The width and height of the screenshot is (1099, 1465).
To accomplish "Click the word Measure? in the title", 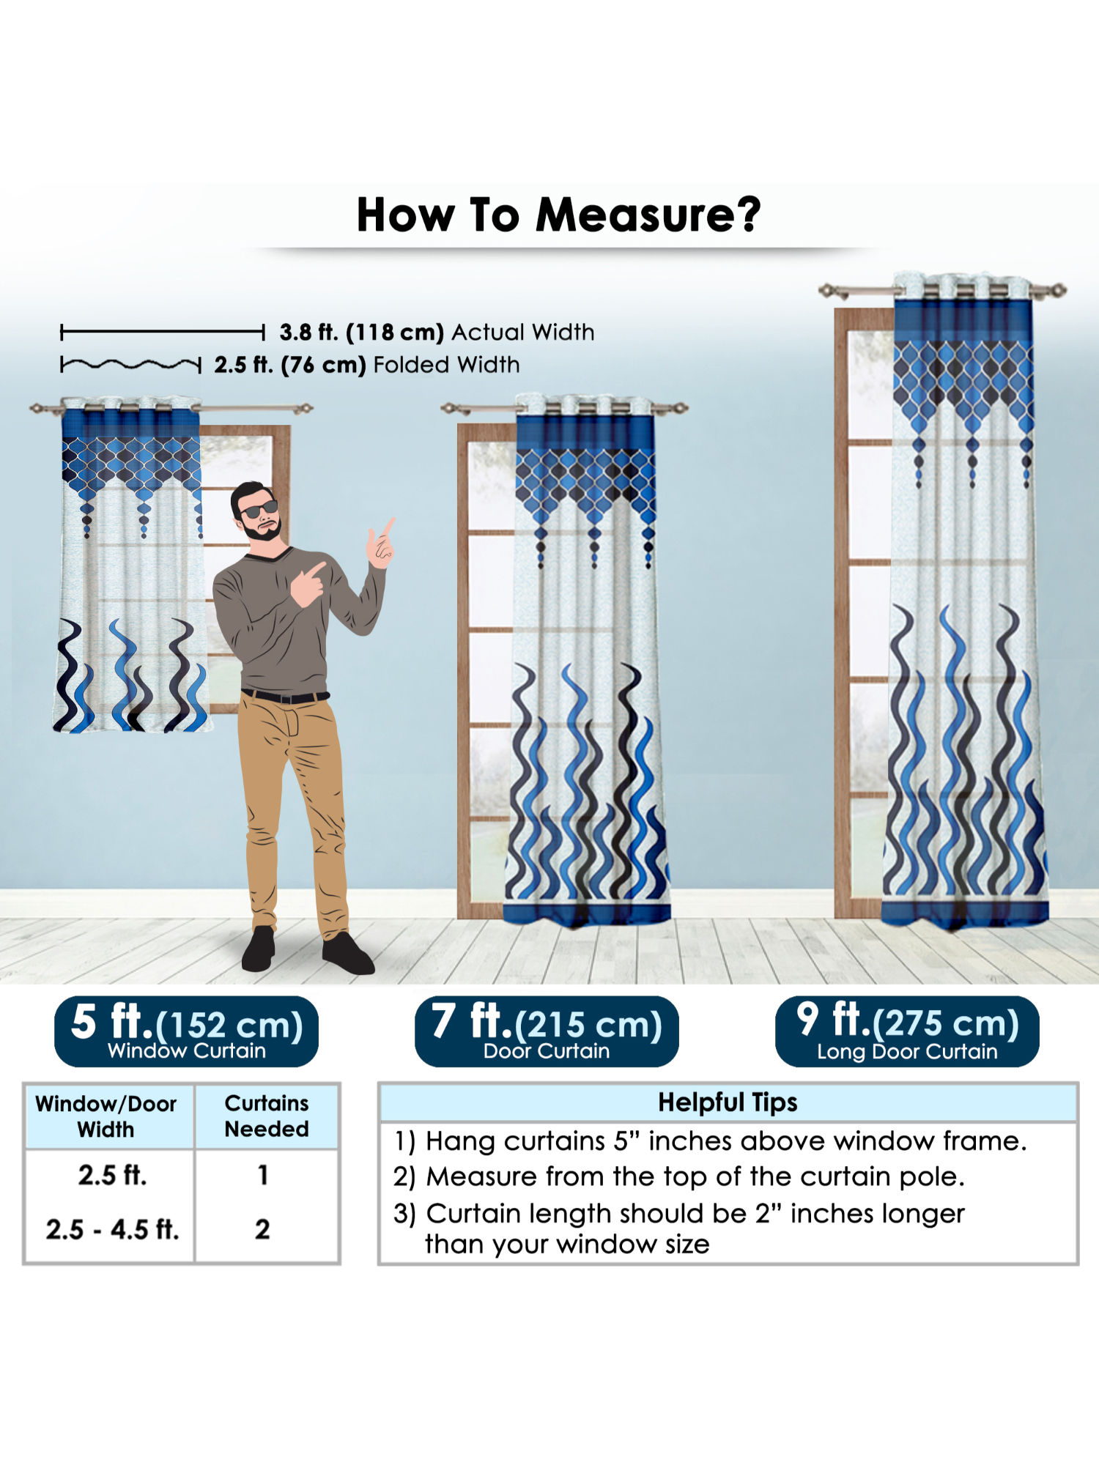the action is [648, 215].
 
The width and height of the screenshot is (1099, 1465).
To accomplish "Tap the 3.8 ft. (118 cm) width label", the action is [361, 333].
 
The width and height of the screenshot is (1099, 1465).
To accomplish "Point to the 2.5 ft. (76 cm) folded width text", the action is [289, 365].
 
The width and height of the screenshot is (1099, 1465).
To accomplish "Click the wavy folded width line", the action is [130, 364].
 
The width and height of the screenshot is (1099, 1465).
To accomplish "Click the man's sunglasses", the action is [259, 509].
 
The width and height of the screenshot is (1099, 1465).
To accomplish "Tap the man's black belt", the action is [285, 696].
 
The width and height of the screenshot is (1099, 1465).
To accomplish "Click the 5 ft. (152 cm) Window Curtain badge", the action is [186, 1031].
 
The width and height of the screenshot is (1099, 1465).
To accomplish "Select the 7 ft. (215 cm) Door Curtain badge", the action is [547, 1031].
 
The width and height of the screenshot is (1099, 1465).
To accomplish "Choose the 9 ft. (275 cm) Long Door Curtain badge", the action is [907, 1031].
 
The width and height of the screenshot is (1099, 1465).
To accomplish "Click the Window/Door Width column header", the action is [106, 1116].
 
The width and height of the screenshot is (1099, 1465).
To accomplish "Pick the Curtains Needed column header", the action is [267, 1116].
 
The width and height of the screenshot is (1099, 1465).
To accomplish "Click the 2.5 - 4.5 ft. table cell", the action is [112, 1229].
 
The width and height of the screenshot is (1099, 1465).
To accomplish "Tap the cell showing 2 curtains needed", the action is [262, 1229].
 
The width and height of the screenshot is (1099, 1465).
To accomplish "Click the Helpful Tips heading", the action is [728, 1102].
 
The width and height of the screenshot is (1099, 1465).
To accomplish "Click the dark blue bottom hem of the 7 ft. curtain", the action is [587, 913].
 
